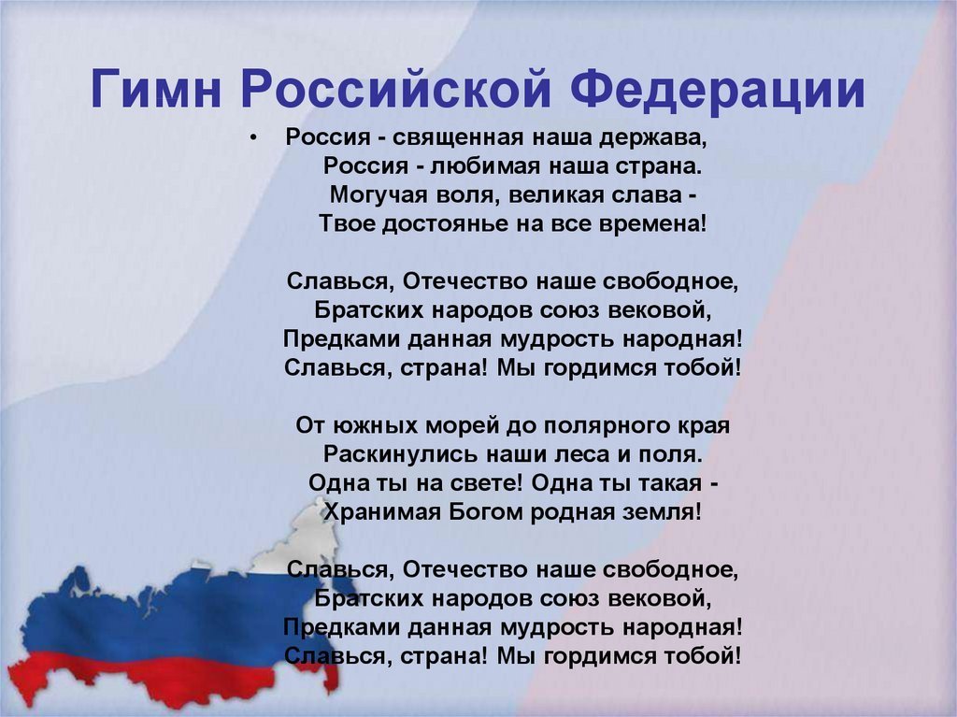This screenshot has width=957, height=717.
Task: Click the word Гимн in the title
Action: pyautogui.click(x=155, y=89)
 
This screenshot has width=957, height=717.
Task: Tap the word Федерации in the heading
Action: pyautogui.click(x=718, y=91)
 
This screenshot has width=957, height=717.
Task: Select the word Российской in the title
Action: pyautogui.click(x=396, y=91)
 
